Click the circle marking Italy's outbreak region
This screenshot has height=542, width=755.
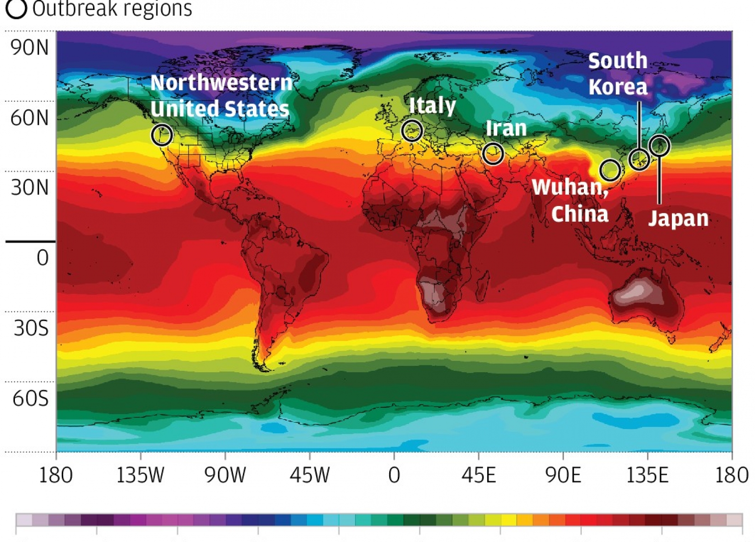[x=412, y=131]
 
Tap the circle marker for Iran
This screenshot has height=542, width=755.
[x=493, y=154]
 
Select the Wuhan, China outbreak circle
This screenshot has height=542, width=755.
[x=610, y=170]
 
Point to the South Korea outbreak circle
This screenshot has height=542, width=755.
[x=639, y=159]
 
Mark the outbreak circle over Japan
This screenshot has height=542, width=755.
[x=659, y=145]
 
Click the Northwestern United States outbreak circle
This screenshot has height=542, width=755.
[x=162, y=135]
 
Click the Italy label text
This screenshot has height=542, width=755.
[x=432, y=106]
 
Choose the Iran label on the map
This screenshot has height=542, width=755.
[x=506, y=129]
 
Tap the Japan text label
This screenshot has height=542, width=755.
[x=678, y=218]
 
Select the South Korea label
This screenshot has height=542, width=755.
[x=618, y=74]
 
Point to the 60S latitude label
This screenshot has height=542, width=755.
[x=30, y=398]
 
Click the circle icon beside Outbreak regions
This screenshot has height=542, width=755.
[x=16, y=9]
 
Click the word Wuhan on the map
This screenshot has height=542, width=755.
[x=570, y=187]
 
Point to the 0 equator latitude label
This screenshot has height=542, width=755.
[x=42, y=258]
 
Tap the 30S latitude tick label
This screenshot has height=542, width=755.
[x=31, y=328]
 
